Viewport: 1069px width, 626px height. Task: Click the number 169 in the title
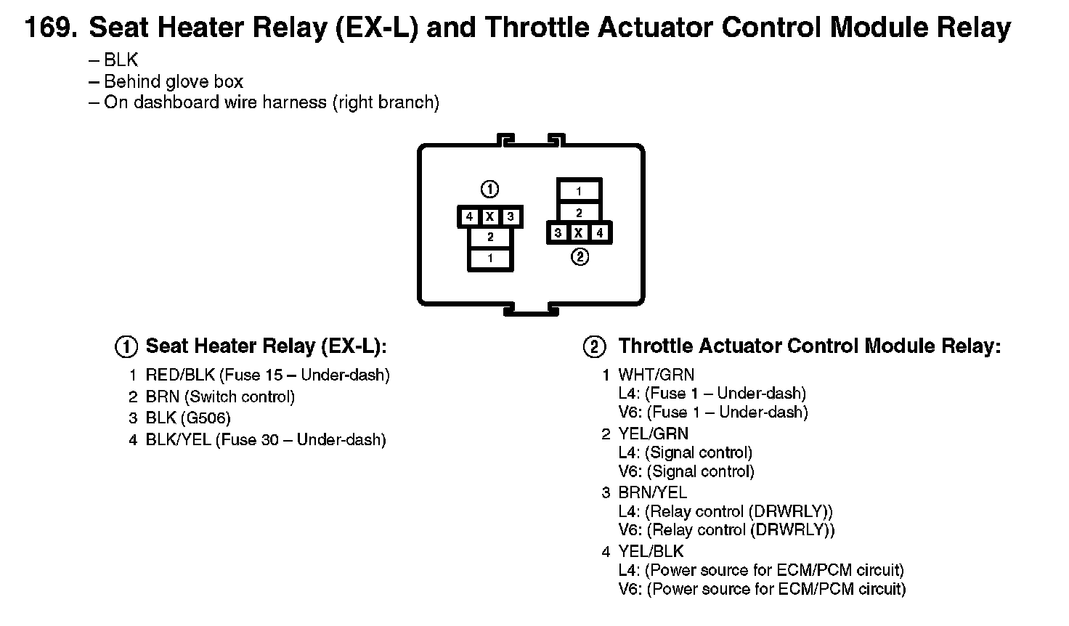(x=48, y=28)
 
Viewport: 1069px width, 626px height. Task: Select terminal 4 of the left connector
(x=470, y=216)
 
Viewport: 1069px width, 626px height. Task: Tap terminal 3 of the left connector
(x=511, y=216)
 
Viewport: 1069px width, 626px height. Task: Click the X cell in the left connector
(x=490, y=216)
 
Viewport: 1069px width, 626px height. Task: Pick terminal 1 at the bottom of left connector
(x=490, y=259)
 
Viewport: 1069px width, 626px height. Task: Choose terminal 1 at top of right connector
(x=579, y=192)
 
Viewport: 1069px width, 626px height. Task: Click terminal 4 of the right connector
(x=599, y=233)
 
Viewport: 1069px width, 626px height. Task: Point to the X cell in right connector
(x=579, y=233)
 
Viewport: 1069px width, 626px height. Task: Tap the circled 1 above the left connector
(x=490, y=190)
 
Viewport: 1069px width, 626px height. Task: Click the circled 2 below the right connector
(x=580, y=257)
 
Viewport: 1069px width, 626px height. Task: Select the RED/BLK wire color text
(x=180, y=375)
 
